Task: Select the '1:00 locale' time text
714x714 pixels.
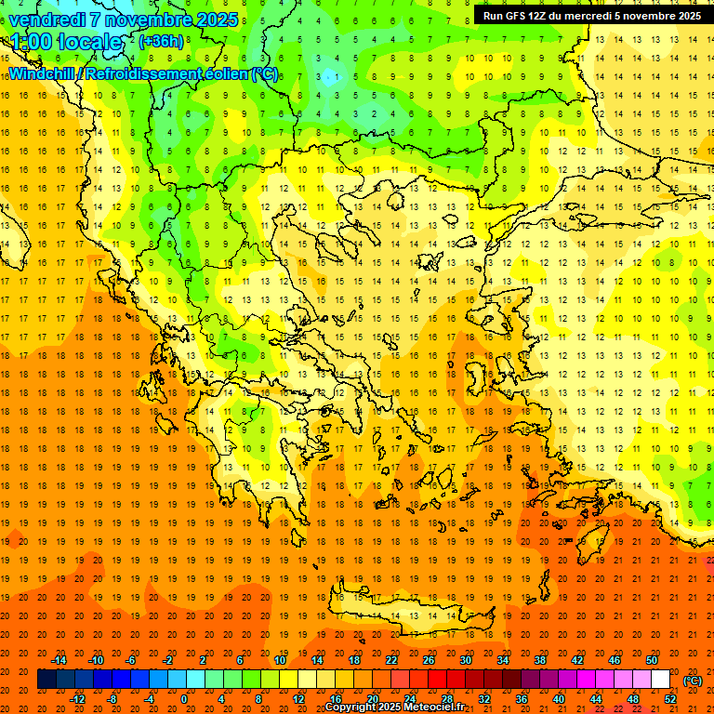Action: [67, 42]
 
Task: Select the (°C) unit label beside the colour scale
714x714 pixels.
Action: [692, 681]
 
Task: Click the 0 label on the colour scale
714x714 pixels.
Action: [183, 699]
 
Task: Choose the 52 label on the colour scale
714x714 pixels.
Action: [670, 699]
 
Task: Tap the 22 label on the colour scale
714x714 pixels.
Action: [391, 660]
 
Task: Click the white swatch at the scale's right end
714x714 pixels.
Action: [661, 680]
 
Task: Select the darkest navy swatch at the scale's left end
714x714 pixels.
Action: [46, 680]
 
